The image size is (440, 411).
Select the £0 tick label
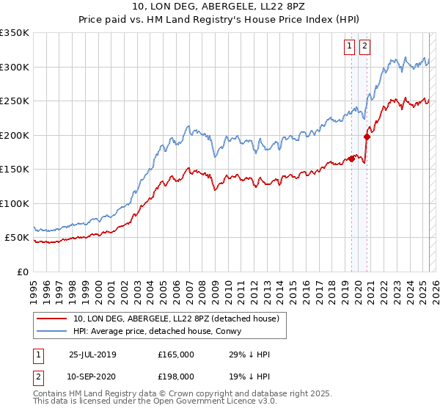coord(22,272)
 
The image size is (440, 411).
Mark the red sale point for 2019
coord(352,159)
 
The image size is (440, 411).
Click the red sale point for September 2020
coord(367,136)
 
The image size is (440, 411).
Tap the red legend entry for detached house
coord(176,319)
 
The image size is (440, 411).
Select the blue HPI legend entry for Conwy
coord(162,332)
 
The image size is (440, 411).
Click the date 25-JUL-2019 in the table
coord(92,354)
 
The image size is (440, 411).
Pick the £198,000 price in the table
coord(176,376)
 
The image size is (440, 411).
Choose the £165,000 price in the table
coord(176,354)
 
